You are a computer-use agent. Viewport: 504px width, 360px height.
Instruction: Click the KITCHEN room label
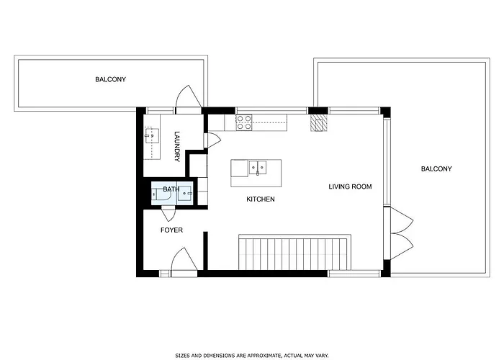tap(261, 199)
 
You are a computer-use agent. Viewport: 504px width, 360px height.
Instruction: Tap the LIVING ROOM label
tap(350, 187)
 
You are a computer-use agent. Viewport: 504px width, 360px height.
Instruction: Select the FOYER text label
tap(171, 230)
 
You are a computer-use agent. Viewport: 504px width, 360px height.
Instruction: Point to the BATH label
tap(171, 189)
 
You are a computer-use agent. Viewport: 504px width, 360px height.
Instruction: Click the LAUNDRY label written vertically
tap(177, 145)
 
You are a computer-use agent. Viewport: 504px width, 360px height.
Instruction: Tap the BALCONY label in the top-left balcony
tap(110, 79)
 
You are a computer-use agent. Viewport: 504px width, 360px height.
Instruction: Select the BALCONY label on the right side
tap(436, 169)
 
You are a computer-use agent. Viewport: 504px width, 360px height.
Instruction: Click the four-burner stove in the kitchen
tap(244, 122)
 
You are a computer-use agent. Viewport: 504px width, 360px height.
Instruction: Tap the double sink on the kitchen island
tap(258, 168)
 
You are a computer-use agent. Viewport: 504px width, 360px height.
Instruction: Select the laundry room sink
tap(152, 135)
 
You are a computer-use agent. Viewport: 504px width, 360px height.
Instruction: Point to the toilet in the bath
tap(158, 192)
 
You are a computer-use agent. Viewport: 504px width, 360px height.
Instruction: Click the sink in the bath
tap(186, 192)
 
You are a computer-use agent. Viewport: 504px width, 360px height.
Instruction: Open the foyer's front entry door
tap(181, 261)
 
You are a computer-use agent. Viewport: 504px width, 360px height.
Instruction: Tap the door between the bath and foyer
tap(168, 212)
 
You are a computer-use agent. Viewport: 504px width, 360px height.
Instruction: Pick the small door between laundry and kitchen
tap(212, 139)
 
